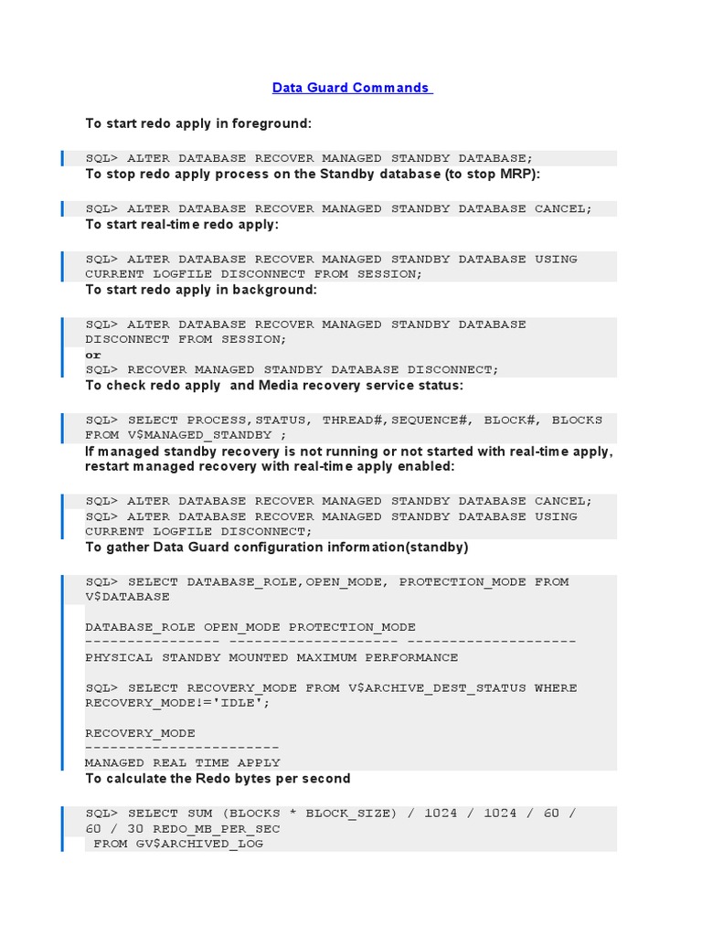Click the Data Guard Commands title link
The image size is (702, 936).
pos(351,88)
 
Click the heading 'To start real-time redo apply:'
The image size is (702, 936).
pos(182,224)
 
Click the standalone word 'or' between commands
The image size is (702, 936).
pos(93,355)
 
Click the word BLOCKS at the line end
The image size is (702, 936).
pos(577,420)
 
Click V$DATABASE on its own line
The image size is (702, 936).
pos(127,596)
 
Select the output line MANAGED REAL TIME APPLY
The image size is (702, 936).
pos(183,762)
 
